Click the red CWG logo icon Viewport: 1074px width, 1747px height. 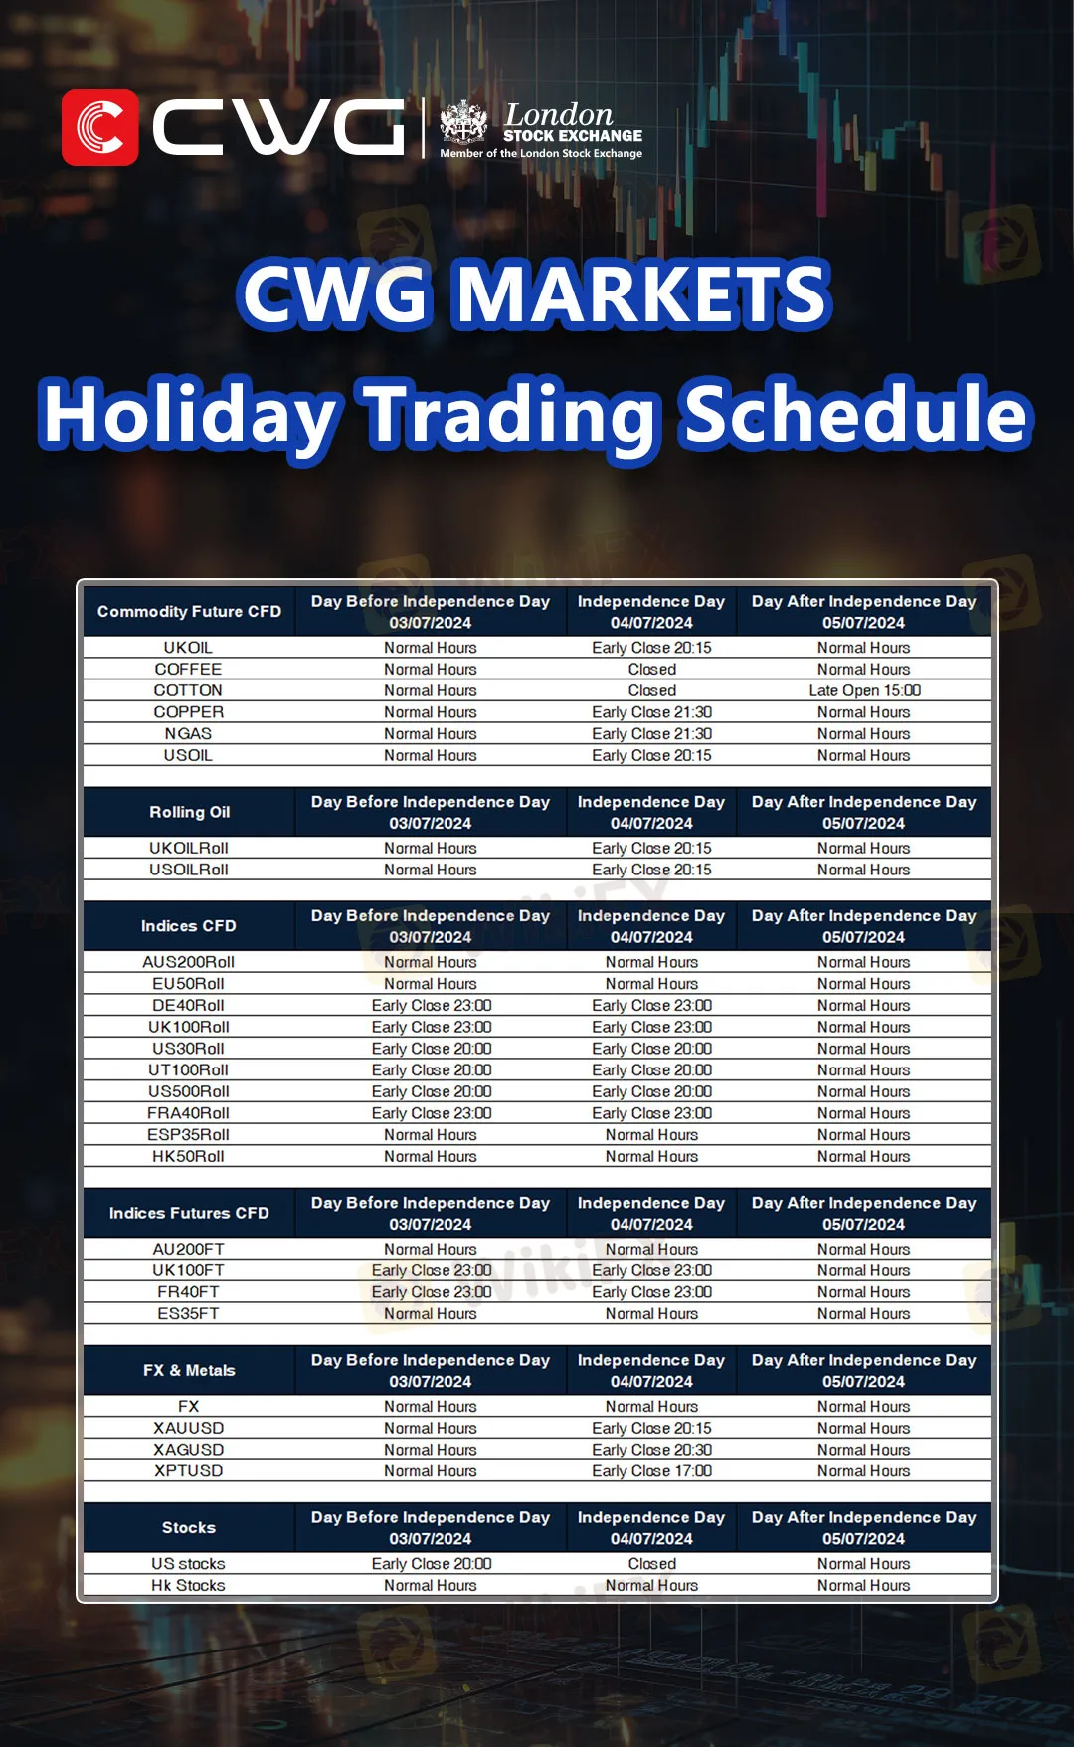pos(100,127)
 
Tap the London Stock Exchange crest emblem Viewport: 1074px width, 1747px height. pos(464,122)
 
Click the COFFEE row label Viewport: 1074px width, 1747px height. pos(188,670)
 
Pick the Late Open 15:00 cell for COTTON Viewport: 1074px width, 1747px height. pos(864,690)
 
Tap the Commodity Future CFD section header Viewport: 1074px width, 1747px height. pos(189,612)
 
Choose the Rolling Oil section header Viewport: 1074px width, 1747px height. pos(189,812)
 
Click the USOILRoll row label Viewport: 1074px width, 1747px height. pos(189,870)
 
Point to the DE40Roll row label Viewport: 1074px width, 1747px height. pos(189,1005)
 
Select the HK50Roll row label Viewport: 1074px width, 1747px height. pos(189,1156)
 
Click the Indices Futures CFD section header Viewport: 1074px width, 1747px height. pos(189,1213)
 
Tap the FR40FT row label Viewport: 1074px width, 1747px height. pos(189,1292)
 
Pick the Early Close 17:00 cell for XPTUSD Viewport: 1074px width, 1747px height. pos(651,1471)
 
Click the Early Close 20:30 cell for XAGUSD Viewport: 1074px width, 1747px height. pos(651,1450)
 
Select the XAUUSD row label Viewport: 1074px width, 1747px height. pos(189,1428)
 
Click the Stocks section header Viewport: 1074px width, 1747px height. pos(189,1527)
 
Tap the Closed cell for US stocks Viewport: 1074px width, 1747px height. pos(651,1564)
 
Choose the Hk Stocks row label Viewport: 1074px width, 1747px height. pos(189,1586)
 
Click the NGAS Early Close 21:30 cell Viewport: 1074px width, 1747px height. pos(651,734)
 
